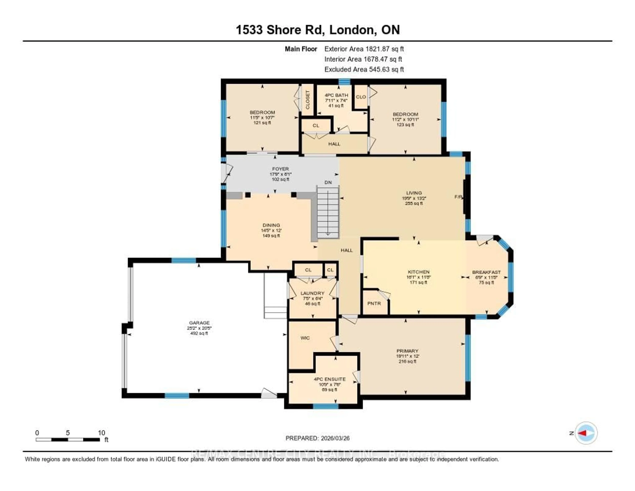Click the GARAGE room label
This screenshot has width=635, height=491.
199,323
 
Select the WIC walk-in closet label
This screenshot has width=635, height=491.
305,338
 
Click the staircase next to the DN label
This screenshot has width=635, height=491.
328,212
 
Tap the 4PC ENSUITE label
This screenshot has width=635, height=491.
330,379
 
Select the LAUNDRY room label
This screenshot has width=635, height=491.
312,293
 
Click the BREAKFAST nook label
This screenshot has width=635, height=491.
486,272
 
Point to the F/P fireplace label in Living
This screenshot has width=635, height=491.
458,197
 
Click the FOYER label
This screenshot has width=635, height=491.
280,169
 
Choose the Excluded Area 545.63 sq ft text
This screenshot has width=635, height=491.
364,69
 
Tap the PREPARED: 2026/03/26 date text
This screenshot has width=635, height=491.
317,438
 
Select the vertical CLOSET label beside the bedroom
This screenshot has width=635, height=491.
308,99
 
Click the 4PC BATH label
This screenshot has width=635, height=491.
336,95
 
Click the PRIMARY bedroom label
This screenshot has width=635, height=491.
407,351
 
